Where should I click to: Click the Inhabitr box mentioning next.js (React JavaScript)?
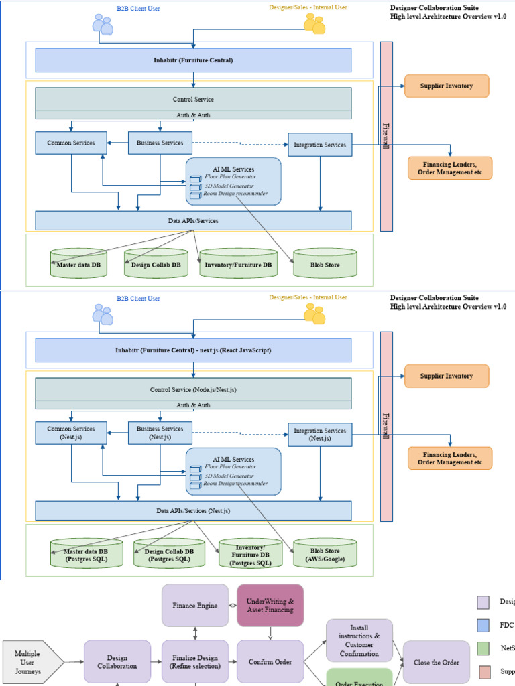point(193,350)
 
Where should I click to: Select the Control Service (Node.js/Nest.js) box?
point(193,389)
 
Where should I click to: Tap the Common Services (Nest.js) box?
point(70,433)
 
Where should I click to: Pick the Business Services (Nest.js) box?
point(160,433)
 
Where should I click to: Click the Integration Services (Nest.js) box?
point(320,435)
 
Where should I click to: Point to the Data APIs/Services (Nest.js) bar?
point(193,510)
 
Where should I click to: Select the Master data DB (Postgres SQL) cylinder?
point(87,554)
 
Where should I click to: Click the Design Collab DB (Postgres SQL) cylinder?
point(169,554)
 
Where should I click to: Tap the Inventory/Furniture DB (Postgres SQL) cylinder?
point(251,554)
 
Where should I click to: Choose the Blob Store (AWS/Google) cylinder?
point(325,553)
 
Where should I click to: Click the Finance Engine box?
point(194,606)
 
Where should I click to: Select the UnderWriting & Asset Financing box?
point(270,606)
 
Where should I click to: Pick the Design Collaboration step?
point(117,662)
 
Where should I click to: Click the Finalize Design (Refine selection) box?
point(194,662)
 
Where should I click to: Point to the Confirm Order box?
point(270,662)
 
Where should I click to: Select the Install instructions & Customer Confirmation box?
point(359,640)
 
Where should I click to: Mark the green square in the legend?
point(483,648)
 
